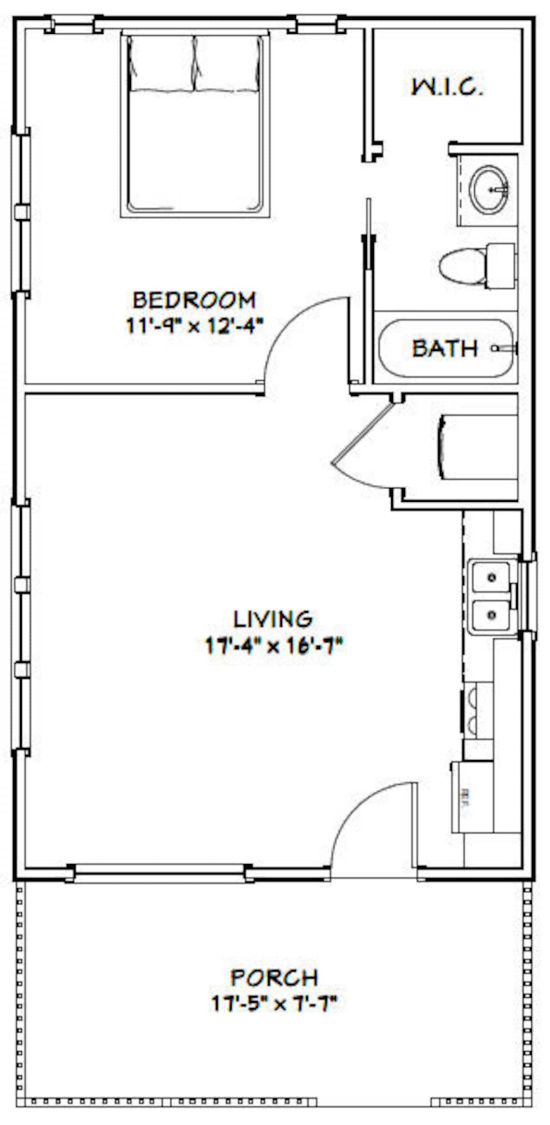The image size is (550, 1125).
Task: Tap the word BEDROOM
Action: [194, 300]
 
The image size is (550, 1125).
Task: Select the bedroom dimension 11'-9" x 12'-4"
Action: [194, 326]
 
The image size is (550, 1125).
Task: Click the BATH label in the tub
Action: [445, 348]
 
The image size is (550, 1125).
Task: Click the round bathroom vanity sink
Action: [489, 190]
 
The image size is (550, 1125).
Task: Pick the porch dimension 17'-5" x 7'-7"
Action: [274, 1004]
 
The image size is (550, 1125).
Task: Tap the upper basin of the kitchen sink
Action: [491, 577]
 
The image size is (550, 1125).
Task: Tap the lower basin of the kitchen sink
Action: [491, 615]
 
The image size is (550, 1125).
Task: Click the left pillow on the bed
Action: [162, 63]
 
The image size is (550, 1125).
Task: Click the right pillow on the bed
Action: [227, 63]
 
